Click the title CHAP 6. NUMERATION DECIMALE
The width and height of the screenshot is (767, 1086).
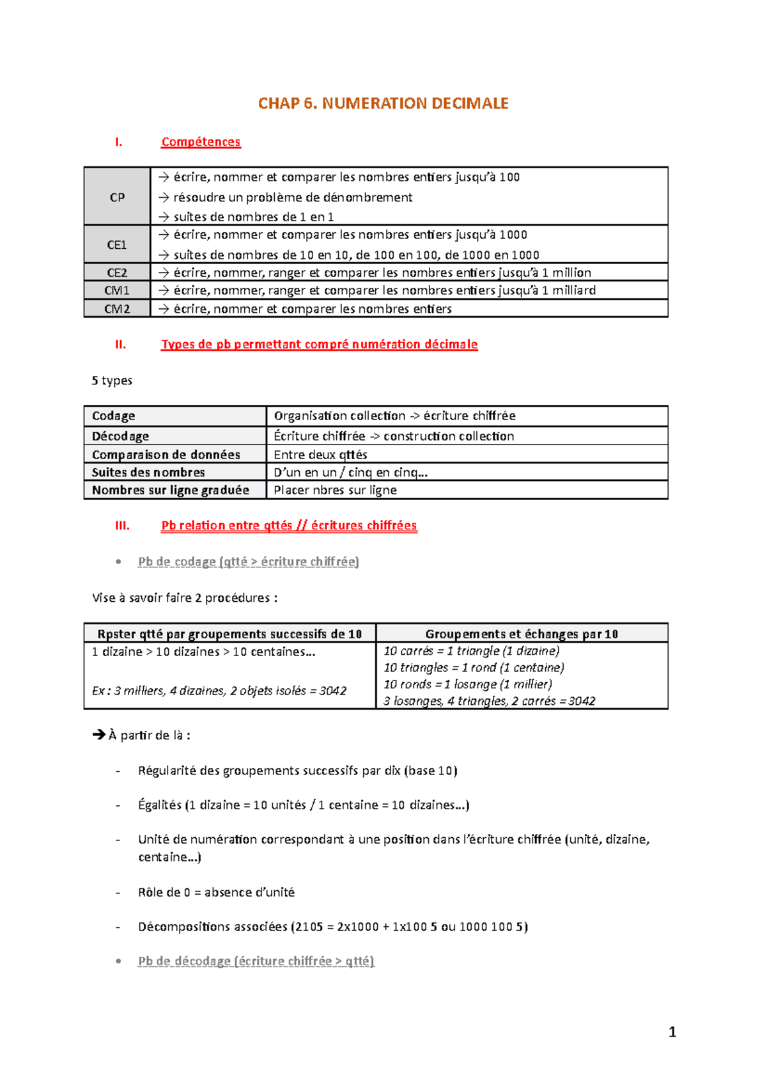(x=383, y=104)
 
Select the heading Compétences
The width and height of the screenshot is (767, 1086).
(x=201, y=142)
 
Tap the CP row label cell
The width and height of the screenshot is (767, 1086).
(x=117, y=197)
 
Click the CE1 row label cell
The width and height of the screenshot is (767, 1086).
(x=117, y=245)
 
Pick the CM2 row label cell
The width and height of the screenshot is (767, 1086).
(x=117, y=309)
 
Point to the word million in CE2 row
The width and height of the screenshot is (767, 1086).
(x=571, y=272)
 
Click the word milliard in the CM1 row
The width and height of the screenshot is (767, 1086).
(x=574, y=290)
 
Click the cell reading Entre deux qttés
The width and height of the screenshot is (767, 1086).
(x=320, y=455)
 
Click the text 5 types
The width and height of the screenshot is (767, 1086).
(x=112, y=381)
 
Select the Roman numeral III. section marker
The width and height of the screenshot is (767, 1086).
(x=122, y=526)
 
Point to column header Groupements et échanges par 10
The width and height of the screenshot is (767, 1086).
(x=522, y=634)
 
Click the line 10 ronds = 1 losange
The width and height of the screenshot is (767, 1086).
(x=467, y=684)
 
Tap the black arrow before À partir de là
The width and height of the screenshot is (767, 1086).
(x=99, y=735)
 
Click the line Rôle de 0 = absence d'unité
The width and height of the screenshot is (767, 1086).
(x=216, y=892)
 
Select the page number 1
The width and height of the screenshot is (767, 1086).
(x=672, y=1032)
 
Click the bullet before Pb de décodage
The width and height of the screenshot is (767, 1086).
(x=118, y=961)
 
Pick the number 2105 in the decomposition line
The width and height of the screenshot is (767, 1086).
(x=309, y=927)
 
